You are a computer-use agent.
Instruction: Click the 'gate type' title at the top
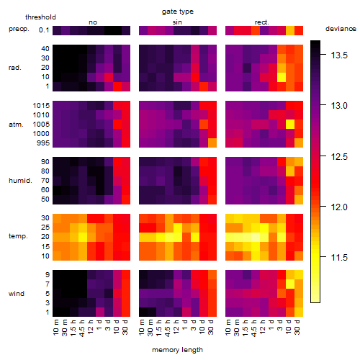(x=178, y=12)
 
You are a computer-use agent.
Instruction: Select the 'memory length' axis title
(x=178, y=350)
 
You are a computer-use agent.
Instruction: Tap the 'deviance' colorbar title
(x=341, y=29)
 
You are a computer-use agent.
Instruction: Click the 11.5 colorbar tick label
(x=339, y=258)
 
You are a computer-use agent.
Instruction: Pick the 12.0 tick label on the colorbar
(x=339, y=207)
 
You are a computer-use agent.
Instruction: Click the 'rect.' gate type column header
(x=262, y=22)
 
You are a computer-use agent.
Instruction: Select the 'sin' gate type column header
(x=177, y=22)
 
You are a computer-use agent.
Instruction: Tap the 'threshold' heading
(x=40, y=17)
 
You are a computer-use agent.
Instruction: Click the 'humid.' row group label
(x=20, y=181)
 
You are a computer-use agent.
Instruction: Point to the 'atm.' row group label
(x=16, y=125)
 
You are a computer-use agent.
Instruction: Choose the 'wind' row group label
(x=17, y=294)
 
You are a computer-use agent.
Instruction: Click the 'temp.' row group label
(x=18, y=236)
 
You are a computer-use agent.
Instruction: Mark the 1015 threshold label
(x=41, y=106)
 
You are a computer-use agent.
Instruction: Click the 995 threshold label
(x=43, y=143)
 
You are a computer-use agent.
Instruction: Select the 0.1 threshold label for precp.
(x=44, y=30)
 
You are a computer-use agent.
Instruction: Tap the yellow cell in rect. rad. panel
(x=282, y=77)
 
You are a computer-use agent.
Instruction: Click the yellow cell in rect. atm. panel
(x=290, y=125)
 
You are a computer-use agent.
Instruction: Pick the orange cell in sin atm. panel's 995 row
(x=212, y=143)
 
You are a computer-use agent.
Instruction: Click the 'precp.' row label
(x=19, y=29)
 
